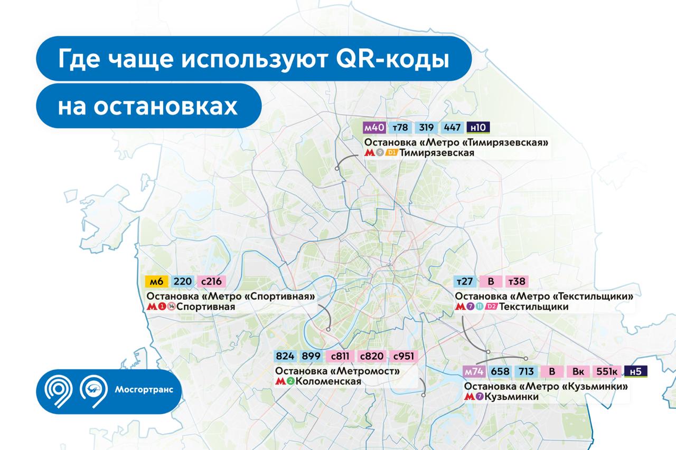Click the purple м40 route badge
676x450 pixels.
(374, 128)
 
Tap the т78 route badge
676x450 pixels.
(400, 128)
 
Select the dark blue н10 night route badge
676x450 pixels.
(478, 128)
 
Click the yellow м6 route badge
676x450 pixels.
(157, 282)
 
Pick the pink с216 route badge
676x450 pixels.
(211, 282)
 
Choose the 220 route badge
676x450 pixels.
(183, 282)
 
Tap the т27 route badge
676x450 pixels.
(465, 282)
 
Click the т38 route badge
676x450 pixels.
(517, 282)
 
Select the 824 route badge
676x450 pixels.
(285, 356)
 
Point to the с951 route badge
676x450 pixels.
(403, 356)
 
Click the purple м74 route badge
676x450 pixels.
(474, 371)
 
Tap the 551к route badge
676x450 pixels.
(607, 371)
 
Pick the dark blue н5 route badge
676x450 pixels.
(635, 371)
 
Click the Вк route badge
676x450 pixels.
(578, 371)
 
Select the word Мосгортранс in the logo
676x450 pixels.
(144, 389)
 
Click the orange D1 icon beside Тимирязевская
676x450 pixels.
(391, 153)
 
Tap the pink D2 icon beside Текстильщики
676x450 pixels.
(491, 307)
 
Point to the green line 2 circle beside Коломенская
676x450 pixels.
(290, 381)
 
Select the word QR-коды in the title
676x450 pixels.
(392, 59)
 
